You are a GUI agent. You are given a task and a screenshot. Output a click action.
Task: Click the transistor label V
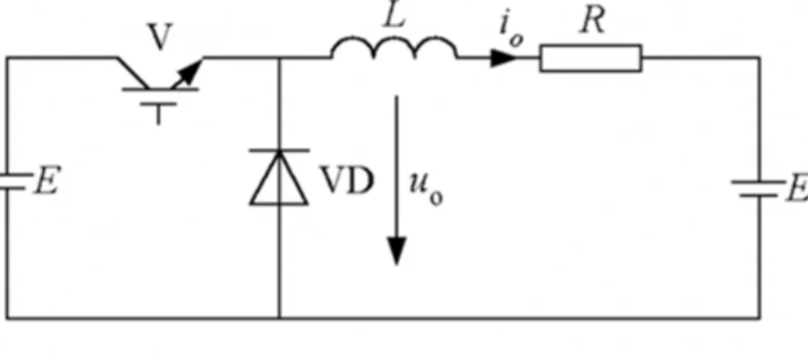point(160,37)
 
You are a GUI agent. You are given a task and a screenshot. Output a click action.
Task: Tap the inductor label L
point(395,16)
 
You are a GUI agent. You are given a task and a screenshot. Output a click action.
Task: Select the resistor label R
point(592,21)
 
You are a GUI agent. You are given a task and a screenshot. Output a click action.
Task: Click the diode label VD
point(346,180)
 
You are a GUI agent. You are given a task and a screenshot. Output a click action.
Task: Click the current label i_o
point(511,30)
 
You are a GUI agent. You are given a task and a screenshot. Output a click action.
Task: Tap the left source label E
point(46,180)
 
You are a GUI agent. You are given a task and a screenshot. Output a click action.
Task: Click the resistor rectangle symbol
point(591,58)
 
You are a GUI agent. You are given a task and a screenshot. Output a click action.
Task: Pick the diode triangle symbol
point(279,178)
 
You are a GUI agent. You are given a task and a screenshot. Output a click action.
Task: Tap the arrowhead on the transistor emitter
point(191,71)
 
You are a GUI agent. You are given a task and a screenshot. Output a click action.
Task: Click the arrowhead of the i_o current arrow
point(503,58)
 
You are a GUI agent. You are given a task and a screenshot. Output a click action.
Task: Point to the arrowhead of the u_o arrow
point(396,251)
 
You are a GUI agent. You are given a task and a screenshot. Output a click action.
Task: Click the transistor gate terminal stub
point(158,113)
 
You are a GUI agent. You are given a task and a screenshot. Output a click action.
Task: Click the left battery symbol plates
point(12,181)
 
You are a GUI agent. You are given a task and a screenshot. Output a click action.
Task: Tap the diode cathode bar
point(279,150)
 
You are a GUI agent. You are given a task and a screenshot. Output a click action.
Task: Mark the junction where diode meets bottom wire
point(279,318)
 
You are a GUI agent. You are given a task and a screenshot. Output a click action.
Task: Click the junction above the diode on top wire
point(279,58)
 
